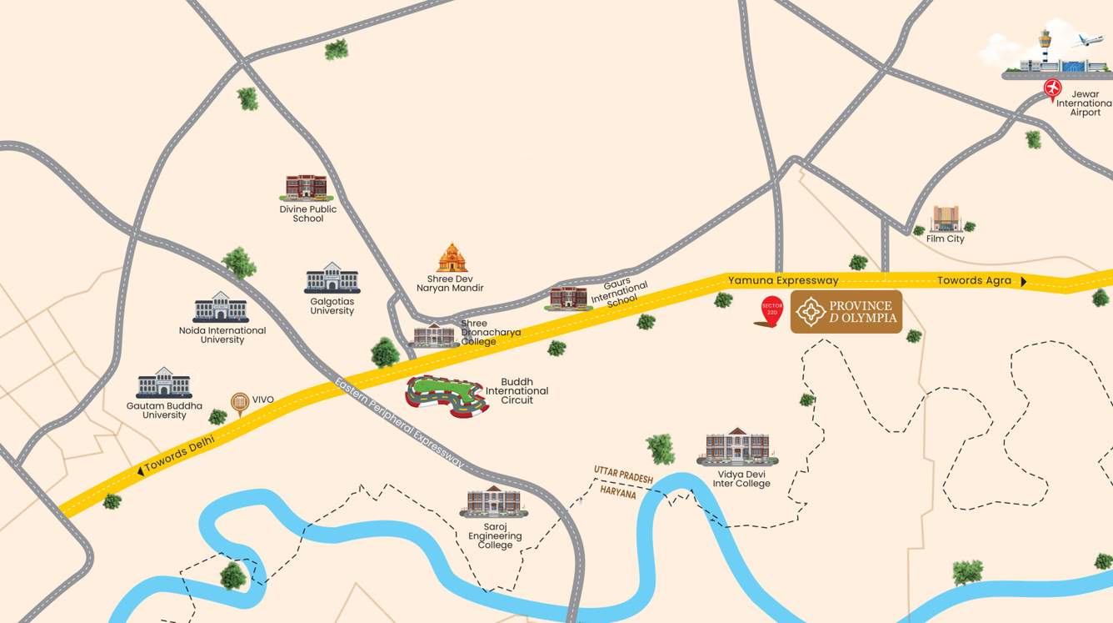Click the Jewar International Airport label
coord(1084,103)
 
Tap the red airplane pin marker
coord(1053,88)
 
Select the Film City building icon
coord(945,219)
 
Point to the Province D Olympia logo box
coord(846,312)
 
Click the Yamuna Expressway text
coord(782,280)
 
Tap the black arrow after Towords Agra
coord(1023,282)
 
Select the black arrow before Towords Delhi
coord(139,472)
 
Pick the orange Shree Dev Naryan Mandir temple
coord(452,259)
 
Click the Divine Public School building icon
coord(307,187)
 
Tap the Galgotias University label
coord(332,306)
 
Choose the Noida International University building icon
coord(221,308)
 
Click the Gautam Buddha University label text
coord(164,410)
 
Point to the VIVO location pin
coord(240,404)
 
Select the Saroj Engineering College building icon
coord(493,501)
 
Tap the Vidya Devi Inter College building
coord(737,447)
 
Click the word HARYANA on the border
coord(619,494)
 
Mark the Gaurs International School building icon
coord(569,297)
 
